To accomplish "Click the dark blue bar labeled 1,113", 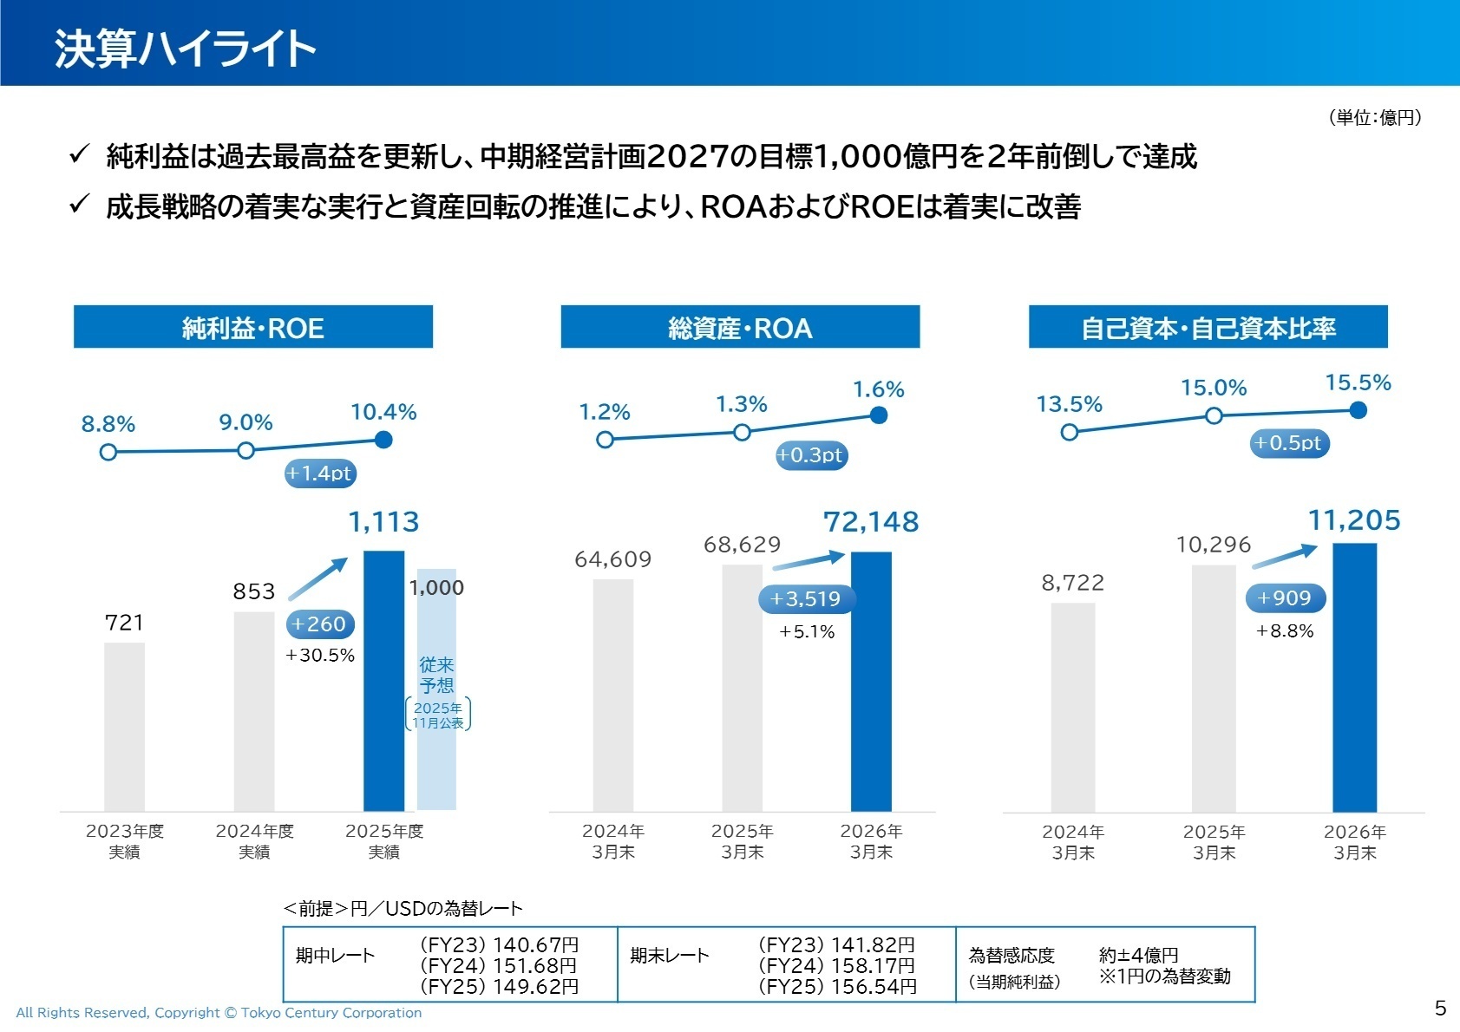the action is click(383, 681).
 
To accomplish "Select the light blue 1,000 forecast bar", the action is click(436, 689).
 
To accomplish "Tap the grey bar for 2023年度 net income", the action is click(125, 727).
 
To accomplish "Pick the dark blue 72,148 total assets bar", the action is click(871, 682).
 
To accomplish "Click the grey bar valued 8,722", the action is click(1073, 708).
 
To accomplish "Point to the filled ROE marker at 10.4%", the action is click(383, 440).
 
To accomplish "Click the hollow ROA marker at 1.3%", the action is click(742, 432).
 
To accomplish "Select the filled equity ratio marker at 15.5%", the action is click(1359, 410).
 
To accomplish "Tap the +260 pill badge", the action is click(320, 624).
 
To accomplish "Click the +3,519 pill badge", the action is click(806, 598).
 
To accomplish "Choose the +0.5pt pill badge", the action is click(1289, 443).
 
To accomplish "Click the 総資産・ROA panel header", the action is click(741, 326).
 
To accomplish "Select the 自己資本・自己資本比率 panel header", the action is click(1208, 326).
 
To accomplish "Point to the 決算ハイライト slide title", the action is click(185, 49).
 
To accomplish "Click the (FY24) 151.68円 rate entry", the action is click(499, 965).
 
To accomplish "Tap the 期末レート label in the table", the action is click(670, 956).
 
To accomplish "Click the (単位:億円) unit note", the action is click(1375, 117).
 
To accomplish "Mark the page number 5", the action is click(1440, 1008).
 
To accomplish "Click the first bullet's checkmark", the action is click(79, 153).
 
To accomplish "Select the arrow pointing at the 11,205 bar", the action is click(1284, 556).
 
